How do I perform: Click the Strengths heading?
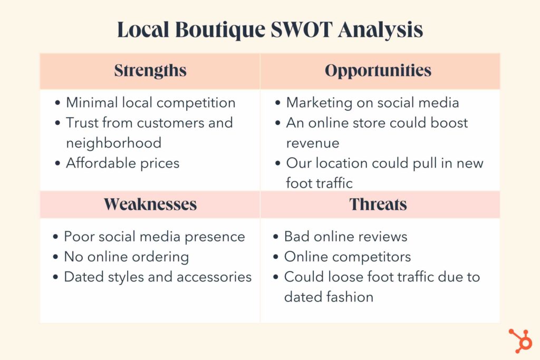[x=150, y=71]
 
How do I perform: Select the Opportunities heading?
[x=378, y=71]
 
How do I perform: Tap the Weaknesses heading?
[x=150, y=204]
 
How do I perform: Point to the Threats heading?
[x=378, y=204]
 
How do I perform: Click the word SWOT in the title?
[x=301, y=30]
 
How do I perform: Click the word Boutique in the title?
[x=220, y=30]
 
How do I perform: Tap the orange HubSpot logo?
[x=520, y=340]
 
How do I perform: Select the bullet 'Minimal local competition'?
[x=150, y=103]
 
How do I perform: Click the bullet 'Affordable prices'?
[x=122, y=163]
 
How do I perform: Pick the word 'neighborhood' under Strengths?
[x=114, y=143]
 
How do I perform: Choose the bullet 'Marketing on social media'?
[x=372, y=103]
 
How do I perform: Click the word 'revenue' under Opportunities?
[x=313, y=143]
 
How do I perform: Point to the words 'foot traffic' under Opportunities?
[x=319, y=183]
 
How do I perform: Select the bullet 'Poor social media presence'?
[x=155, y=237]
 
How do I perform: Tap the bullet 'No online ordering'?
[x=127, y=257]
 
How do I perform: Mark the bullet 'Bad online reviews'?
[x=346, y=237]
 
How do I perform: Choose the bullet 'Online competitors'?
[x=348, y=257]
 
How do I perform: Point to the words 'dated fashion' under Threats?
[x=329, y=297]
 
